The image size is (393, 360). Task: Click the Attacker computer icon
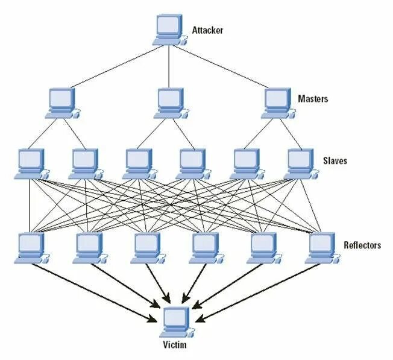[x=170, y=30]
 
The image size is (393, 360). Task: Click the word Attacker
[x=207, y=30]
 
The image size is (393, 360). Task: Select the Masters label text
[x=313, y=98]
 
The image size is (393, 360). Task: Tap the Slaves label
[x=335, y=160]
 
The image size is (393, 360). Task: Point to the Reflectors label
[x=362, y=245]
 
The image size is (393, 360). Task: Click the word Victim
[x=175, y=345]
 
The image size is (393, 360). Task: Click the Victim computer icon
[x=177, y=322]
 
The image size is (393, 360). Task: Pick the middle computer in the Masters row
[x=171, y=103]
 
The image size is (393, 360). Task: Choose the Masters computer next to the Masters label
[x=278, y=103]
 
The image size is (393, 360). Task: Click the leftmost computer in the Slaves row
[x=32, y=164]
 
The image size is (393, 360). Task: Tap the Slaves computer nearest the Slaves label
[x=301, y=164]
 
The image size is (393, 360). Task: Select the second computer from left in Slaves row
[x=86, y=164]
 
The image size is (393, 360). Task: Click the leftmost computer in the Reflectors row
[x=32, y=248]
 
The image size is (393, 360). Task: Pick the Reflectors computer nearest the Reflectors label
[x=322, y=248]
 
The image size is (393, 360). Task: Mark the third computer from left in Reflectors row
[x=148, y=248]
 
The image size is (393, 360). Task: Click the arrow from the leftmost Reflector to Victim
[x=93, y=293]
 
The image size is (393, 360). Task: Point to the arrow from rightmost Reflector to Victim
[x=258, y=292]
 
